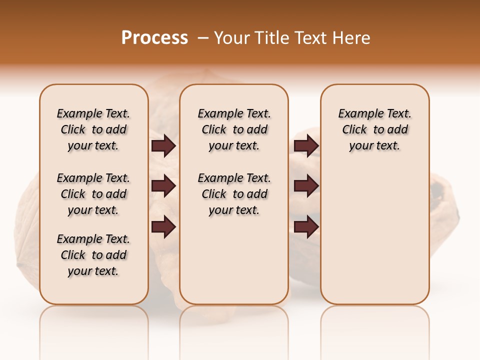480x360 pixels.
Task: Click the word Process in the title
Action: pyautogui.click(x=154, y=38)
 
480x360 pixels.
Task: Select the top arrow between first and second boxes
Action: pyautogui.click(x=163, y=146)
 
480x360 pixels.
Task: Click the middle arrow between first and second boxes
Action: pyautogui.click(x=163, y=186)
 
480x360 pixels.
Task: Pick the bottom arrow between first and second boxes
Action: pyautogui.click(x=163, y=227)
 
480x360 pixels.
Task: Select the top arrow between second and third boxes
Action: pyautogui.click(x=306, y=146)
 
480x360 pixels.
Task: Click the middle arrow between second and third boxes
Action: pyautogui.click(x=306, y=186)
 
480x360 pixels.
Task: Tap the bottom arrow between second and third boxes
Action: pyautogui.click(x=306, y=227)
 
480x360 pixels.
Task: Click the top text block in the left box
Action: pyautogui.click(x=93, y=129)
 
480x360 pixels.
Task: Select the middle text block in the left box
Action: pyautogui.click(x=93, y=194)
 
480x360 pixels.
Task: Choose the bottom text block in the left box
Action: pyautogui.click(x=93, y=255)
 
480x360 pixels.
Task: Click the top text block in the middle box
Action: pyautogui.click(x=234, y=129)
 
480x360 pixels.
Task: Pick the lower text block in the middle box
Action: pyautogui.click(x=234, y=194)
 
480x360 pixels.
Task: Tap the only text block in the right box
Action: pyautogui.click(x=374, y=129)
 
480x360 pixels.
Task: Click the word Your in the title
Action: pyautogui.click(x=231, y=38)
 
